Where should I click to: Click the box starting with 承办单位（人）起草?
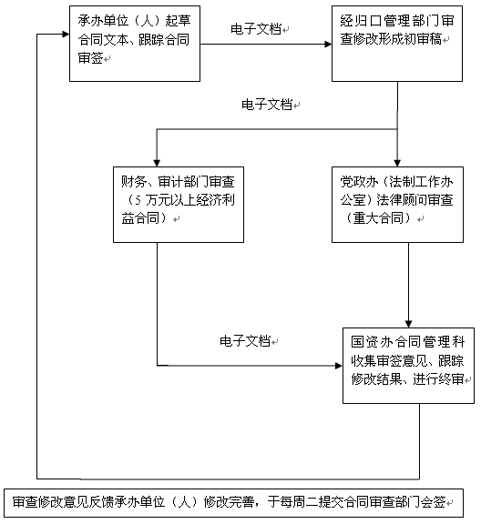(x=135, y=44)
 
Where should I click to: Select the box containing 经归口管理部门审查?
(x=397, y=44)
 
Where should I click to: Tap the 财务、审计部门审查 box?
(x=179, y=205)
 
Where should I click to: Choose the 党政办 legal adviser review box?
(x=397, y=205)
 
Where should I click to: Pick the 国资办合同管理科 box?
(x=408, y=366)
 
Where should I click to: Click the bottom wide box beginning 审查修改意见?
(x=233, y=503)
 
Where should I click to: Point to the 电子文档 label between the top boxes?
(x=256, y=29)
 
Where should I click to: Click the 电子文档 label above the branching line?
(x=267, y=105)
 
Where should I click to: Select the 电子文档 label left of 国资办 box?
(x=245, y=341)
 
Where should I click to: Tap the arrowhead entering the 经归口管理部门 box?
(x=328, y=44)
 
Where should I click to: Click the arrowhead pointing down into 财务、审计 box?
(x=157, y=163)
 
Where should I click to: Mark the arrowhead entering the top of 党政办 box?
(x=397, y=163)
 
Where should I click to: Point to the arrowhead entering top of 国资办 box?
(x=408, y=324)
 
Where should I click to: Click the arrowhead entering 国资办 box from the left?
(x=339, y=366)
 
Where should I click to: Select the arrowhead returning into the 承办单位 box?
(x=66, y=34)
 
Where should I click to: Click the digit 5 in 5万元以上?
(x=138, y=200)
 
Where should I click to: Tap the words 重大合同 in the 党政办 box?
(x=378, y=218)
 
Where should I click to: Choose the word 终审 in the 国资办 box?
(x=451, y=379)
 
